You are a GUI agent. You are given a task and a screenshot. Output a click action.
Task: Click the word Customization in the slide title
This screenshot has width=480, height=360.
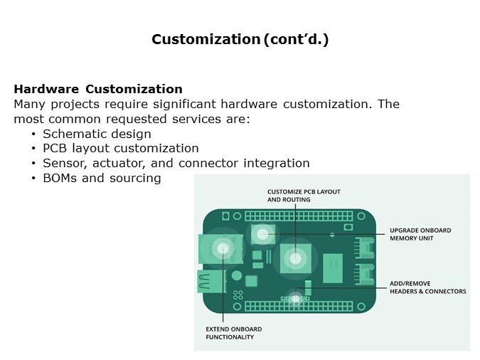206,40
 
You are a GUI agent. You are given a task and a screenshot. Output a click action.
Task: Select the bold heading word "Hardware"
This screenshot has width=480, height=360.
47,89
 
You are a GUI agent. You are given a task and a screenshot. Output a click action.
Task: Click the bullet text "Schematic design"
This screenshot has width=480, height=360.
97,134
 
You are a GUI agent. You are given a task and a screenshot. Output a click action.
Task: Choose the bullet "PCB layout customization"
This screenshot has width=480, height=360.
120,148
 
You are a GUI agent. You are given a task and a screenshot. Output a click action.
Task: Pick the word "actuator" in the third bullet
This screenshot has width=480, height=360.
117,163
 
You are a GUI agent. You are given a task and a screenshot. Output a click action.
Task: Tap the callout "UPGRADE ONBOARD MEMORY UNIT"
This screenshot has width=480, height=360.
420,234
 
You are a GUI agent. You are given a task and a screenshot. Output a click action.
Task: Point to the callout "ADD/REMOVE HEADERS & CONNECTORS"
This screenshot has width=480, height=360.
427,287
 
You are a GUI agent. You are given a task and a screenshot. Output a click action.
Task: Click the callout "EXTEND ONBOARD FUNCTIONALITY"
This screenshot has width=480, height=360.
233,333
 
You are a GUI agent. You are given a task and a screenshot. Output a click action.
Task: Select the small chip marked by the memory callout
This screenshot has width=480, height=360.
263,233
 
